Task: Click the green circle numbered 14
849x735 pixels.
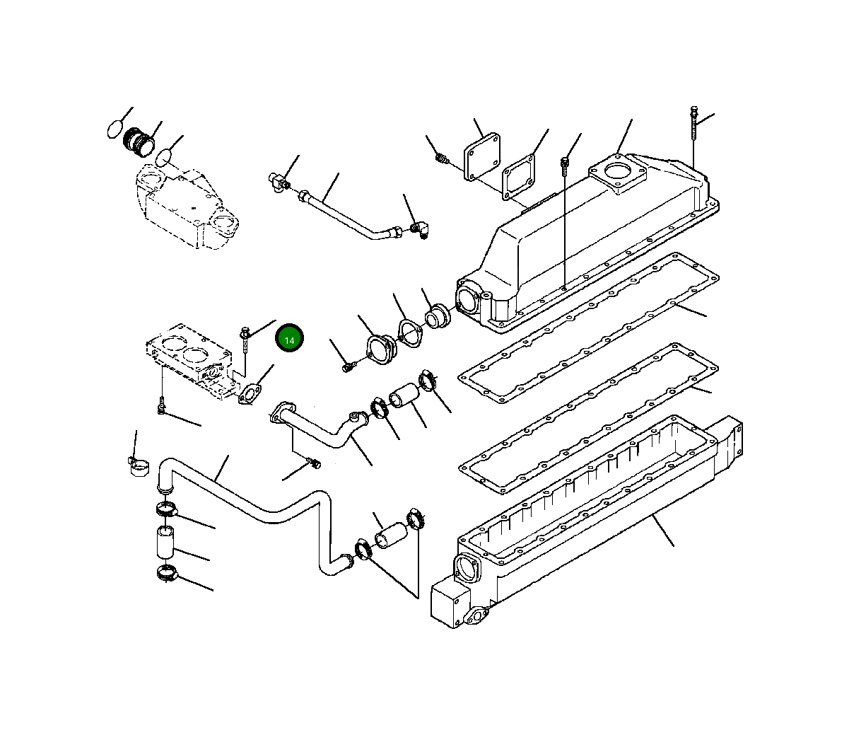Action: tap(289, 340)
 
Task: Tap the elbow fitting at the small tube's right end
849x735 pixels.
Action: tap(421, 228)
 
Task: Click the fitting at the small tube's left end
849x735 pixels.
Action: tap(277, 180)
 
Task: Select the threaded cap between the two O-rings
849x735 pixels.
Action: tap(139, 141)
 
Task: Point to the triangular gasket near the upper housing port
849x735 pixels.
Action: tap(409, 332)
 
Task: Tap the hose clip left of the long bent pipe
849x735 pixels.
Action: tap(138, 465)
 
